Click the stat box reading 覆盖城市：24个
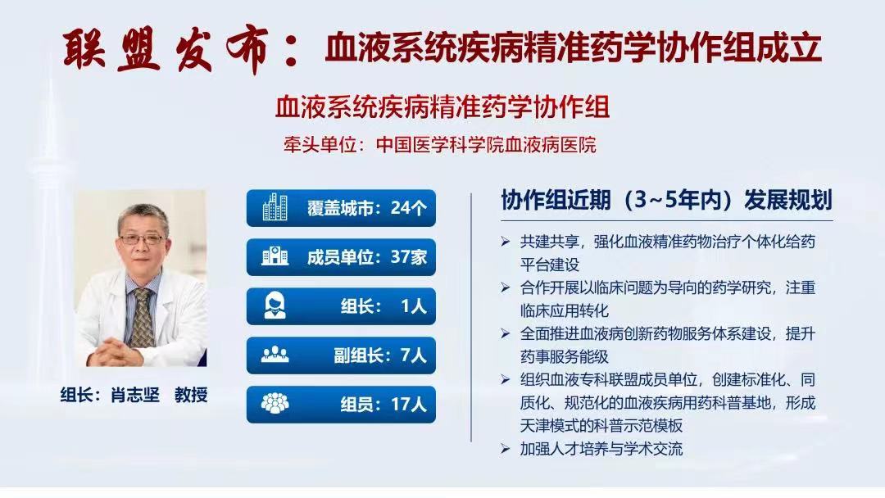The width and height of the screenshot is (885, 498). pos(341,208)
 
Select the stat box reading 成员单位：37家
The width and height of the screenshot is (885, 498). pos(341,257)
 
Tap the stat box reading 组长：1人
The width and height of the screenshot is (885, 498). pos(341,306)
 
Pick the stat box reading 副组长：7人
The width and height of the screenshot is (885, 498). pos(341,355)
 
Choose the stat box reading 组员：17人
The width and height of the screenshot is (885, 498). pos(341,404)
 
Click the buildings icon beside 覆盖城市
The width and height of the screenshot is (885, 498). pos(275,208)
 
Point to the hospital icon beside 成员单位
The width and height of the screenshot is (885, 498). pos(275,257)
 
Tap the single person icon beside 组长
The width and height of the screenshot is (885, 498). pos(275,306)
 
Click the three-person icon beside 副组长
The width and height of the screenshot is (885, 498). pos(275,355)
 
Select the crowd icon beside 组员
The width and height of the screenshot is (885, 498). pos(275,404)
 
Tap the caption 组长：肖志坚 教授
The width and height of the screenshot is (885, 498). pos(134,394)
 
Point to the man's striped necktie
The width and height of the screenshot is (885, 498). pos(143,315)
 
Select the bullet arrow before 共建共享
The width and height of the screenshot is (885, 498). pos(505,243)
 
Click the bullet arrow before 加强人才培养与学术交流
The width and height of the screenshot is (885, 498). pos(505,449)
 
